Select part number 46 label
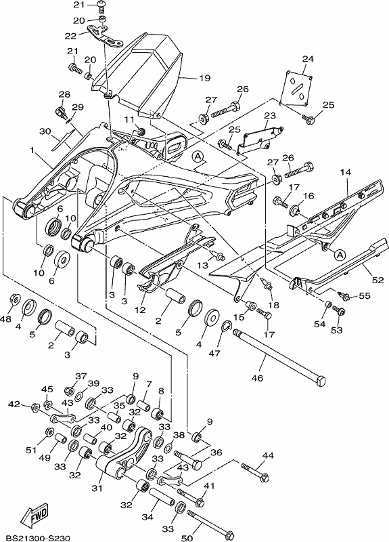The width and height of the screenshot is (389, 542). coord(258,378)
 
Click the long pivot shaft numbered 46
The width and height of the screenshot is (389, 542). coord(279,356)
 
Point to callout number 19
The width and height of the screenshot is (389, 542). coord(205,78)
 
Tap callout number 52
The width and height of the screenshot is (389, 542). coord(378,280)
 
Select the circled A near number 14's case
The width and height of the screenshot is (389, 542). coord(340,255)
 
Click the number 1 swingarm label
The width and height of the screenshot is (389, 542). coord(32,150)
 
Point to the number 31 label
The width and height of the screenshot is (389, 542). coord(97,488)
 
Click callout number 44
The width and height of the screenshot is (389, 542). coord(268,455)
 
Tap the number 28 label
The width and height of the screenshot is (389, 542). coord(64,94)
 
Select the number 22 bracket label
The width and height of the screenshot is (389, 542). coord(70,37)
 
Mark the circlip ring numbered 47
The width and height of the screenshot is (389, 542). coord(226,325)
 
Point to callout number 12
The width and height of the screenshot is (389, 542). coord(140,310)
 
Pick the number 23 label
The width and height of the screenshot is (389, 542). coord(270,115)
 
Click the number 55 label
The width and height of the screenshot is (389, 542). coord(365,295)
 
